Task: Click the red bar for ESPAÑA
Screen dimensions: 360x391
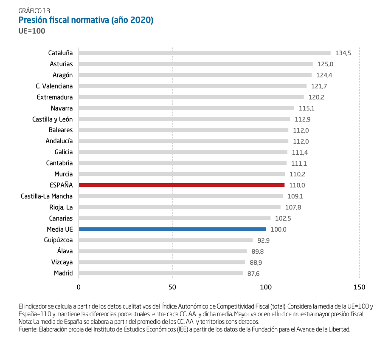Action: [x=181, y=185]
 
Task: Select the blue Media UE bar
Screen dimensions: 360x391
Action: [x=172, y=229]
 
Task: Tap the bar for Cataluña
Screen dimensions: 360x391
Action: [x=204, y=53]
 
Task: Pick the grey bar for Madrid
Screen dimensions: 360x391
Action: [x=160, y=273]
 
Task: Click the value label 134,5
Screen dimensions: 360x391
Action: [x=343, y=53]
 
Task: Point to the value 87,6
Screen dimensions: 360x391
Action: [x=253, y=273]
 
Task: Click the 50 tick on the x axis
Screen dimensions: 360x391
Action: [x=172, y=287]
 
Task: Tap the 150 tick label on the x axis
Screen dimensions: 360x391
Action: [x=359, y=287]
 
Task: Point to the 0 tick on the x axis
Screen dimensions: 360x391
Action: [x=79, y=287]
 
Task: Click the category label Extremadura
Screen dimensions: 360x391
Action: [x=55, y=97]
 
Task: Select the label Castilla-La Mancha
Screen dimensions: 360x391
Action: [x=47, y=196]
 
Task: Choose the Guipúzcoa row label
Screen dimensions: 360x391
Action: [x=58, y=240]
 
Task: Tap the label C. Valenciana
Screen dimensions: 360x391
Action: [x=54, y=86]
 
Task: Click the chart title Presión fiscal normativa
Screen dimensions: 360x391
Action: [x=86, y=20]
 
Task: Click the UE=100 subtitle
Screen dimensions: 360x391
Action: [x=32, y=31]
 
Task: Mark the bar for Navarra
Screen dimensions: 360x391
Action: [x=186, y=108]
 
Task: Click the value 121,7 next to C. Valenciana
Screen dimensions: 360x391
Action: [x=319, y=86]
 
